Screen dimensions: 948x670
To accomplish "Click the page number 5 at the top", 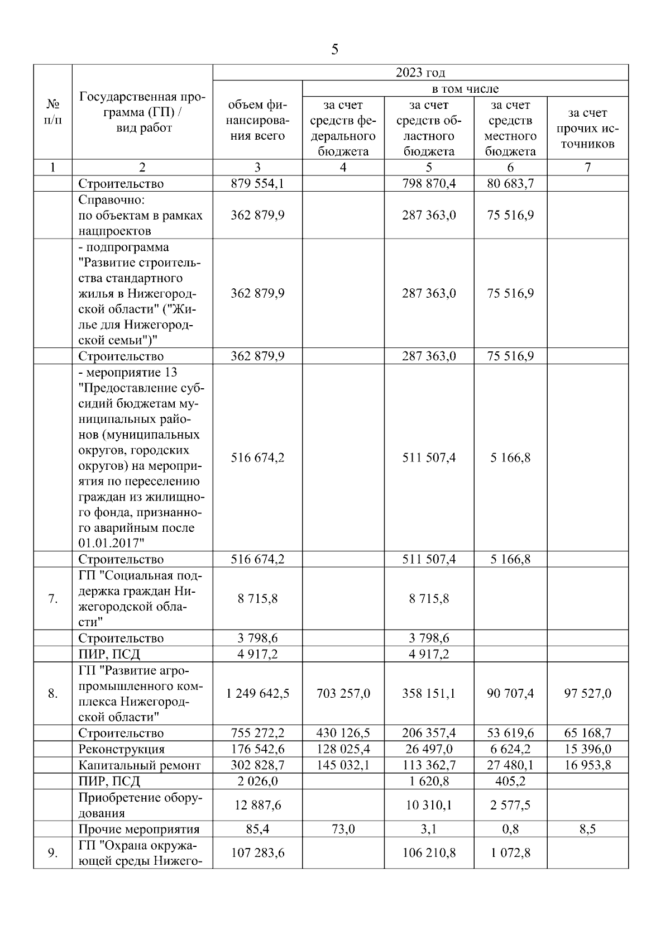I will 334,50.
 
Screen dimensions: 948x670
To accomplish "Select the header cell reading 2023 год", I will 420,73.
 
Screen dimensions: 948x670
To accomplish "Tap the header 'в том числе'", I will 465,89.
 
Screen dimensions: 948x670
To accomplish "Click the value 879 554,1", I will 257,184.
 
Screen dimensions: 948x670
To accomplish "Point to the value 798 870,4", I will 429,184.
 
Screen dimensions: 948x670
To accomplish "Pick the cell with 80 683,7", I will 510,184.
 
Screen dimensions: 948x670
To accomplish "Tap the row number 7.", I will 52,599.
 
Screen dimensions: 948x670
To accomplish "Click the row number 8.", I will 52,694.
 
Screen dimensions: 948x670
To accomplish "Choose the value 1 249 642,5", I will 257,694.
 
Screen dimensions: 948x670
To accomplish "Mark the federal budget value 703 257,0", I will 343,694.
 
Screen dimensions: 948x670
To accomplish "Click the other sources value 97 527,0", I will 587,694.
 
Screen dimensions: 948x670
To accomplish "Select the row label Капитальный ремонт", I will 140,765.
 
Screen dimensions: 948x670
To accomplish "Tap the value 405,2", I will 510,781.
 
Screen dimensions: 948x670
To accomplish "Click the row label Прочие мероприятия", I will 139,829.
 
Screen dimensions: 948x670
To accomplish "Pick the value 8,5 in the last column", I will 587,829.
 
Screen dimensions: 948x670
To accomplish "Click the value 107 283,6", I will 257,853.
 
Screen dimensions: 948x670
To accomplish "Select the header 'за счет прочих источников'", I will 587,128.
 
